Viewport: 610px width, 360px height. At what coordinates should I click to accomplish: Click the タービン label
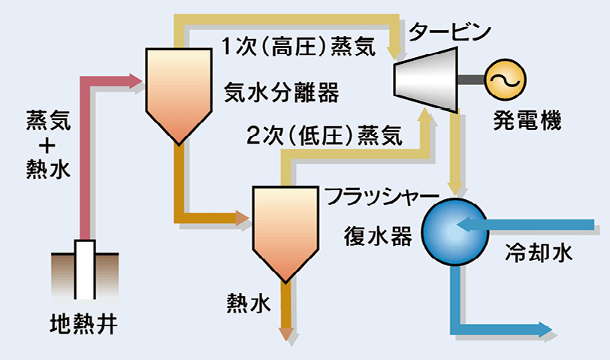(450, 31)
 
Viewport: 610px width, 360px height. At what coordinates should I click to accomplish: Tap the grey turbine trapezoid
(425, 80)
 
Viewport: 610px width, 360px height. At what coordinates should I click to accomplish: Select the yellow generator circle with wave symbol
(506, 80)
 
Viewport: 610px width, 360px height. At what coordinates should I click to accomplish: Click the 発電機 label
(527, 120)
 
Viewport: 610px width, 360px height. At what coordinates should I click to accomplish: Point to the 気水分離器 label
(281, 92)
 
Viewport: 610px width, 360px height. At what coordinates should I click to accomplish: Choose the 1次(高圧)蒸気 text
(299, 47)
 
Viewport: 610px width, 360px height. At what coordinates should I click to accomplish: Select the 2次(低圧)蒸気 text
(324, 136)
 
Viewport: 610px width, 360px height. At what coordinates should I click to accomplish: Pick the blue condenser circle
(455, 232)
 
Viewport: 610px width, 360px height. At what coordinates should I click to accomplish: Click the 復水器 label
(378, 236)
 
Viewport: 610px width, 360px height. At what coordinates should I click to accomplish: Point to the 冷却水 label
(539, 253)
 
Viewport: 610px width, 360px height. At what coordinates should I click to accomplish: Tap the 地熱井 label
(83, 324)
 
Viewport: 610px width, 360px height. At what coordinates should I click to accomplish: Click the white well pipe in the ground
(85, 269)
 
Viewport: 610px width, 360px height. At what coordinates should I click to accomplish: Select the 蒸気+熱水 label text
(48, 144)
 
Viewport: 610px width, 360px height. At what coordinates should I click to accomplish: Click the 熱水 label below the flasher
(249, 303)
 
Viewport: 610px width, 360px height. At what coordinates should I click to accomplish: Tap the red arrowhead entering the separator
(136, 80)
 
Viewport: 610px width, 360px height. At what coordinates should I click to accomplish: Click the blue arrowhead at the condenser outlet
(545, 330)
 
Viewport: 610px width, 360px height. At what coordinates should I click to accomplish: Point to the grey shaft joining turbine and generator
(471, 80)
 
